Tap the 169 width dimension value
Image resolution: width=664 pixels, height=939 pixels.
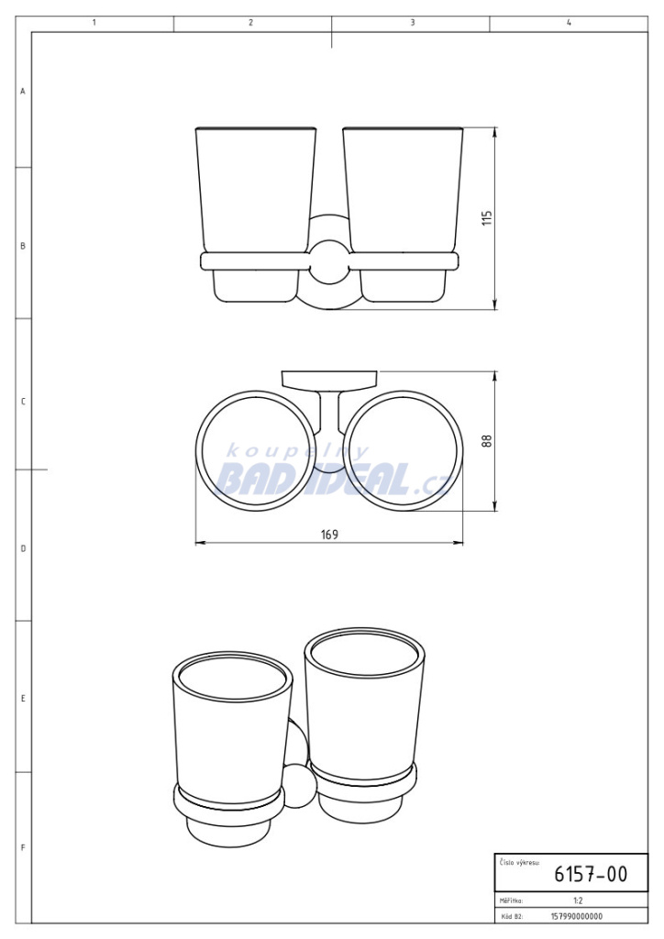click(x=330, y=535)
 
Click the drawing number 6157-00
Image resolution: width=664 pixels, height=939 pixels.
click(x=591, y=874)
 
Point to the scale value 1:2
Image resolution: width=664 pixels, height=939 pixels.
click(x=578, y=900)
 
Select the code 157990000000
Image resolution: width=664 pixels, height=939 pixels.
click(x=577, y=916)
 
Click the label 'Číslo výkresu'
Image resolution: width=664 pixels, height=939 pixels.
click(x=518, y=862)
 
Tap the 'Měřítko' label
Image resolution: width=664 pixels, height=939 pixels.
click(x=511, y=900)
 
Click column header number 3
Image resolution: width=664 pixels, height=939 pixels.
click(x=413, y=22)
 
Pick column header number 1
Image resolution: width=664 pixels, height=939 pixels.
click(x=94, y=22)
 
